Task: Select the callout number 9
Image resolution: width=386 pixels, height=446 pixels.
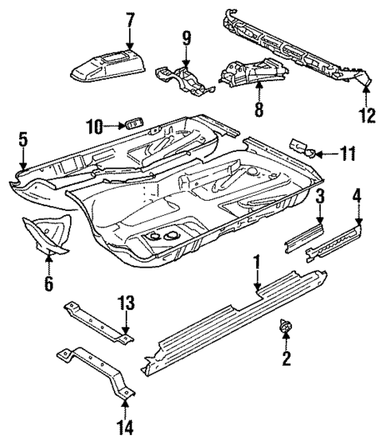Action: [187, 37]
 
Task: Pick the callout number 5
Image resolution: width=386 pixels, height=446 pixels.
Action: [23, 141]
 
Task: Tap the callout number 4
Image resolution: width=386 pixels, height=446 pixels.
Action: [358, 195]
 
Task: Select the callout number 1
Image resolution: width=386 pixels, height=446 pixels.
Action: [256, 260]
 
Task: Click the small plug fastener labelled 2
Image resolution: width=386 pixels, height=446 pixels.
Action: [284, 327]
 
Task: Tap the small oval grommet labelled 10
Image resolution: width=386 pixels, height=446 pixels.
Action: [132, 123]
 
